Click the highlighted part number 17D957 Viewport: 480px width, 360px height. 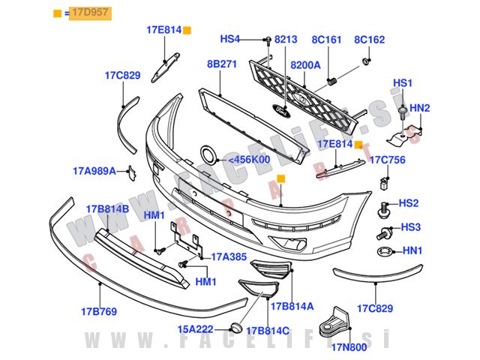click(x=89, y=13)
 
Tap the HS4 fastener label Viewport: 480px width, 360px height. click(x=229, y=38)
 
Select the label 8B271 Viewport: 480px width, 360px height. click(x=222, y=65)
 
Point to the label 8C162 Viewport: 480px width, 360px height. click(x=369, y=38)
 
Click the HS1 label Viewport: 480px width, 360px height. click(x=403, y=82)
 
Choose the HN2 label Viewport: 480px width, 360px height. click(x=420, y=108)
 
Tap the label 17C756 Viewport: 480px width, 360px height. click(x=388, y=159)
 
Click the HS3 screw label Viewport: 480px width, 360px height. click(x=409, y=226)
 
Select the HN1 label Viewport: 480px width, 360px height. click(x=413, y=251)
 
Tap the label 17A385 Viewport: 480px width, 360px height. click(x=228, y=256)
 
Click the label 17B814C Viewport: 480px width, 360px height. click(x=268, y=329)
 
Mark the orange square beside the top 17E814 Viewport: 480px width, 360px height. click(x=187, y=31)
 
